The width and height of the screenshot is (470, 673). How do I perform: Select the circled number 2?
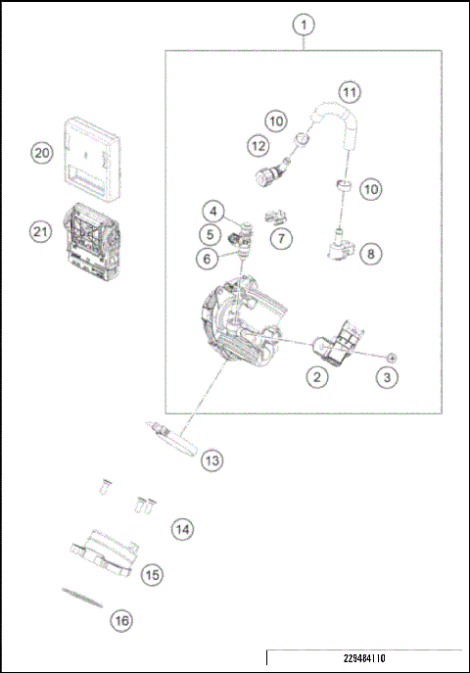coord(315,375)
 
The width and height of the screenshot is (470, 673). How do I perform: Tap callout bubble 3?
coord(389,376)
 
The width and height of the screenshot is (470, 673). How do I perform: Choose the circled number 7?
coord(281,238)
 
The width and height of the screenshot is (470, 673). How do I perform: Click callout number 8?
coord(371,254)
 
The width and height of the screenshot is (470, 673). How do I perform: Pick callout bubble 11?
coord(350,92)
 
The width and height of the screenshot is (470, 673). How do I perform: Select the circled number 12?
coord(258,145)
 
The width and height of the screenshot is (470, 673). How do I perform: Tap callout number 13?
coord(212,459)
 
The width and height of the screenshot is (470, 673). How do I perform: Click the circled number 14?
coord(182,529)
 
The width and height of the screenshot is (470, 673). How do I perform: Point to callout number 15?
coord(152,575)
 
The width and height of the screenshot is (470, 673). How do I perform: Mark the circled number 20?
coord(40,154)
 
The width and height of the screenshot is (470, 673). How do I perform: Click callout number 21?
coord(40,232)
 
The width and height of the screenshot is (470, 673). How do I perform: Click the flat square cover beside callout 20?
coord(94,154)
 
